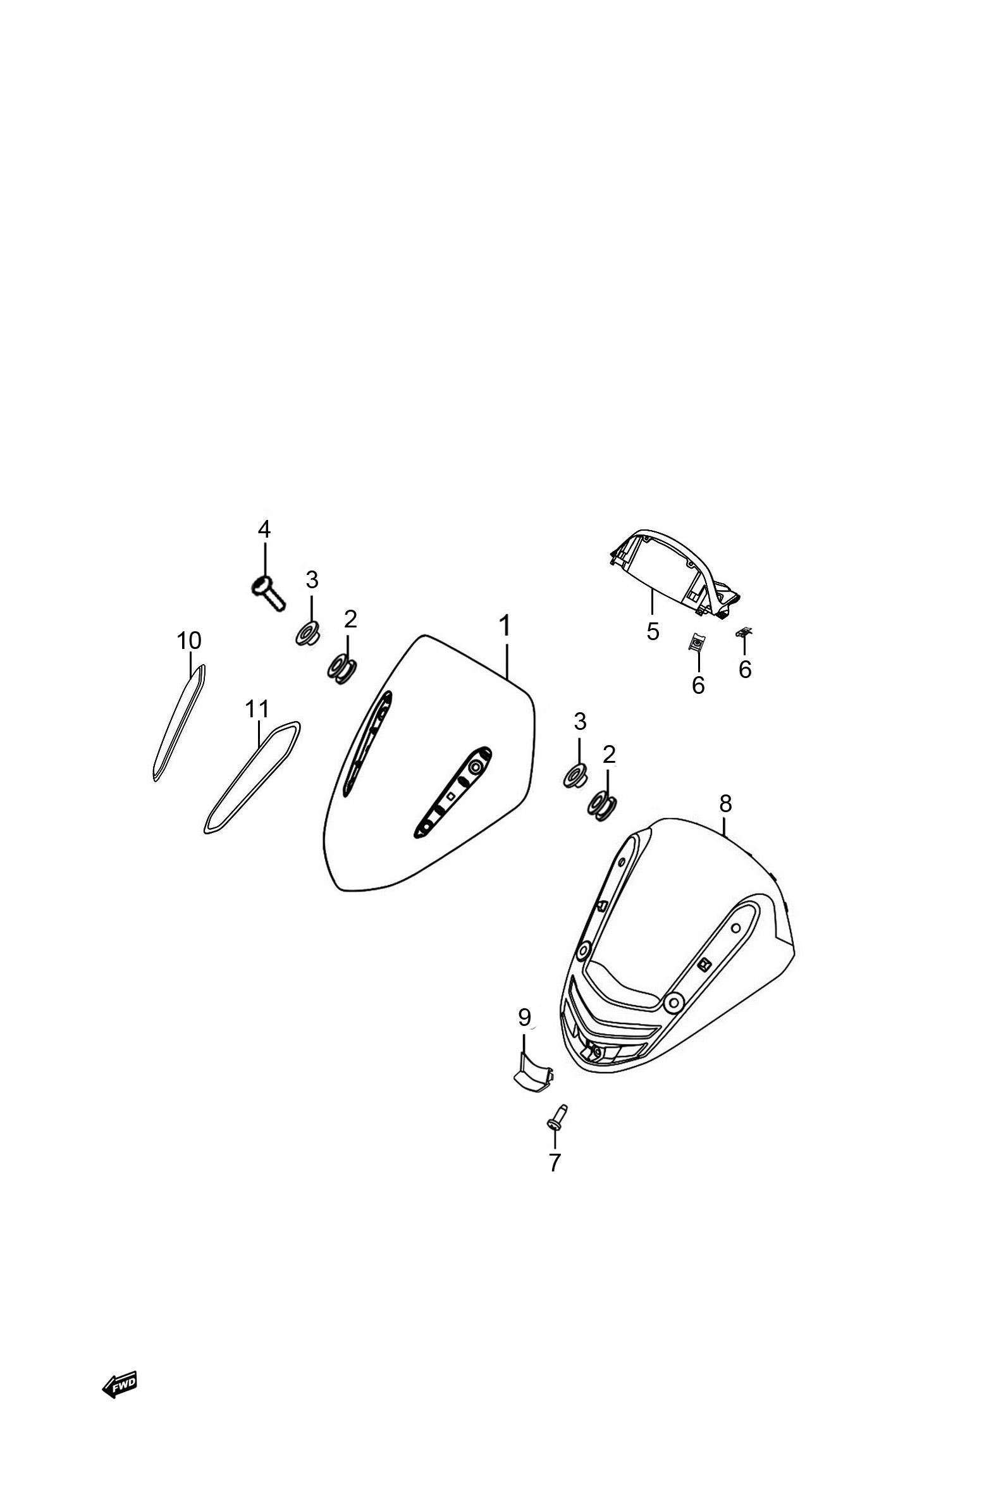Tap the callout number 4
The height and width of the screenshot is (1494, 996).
[264, 529]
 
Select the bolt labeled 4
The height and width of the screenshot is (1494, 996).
[267, 593]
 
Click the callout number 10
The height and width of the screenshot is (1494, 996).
[188, 641]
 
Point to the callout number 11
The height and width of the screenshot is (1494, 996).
[258, 709]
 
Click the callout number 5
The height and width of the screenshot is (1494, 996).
[653, 631]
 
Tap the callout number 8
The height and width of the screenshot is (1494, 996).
[725, 804]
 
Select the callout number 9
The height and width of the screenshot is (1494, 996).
[524, 1018]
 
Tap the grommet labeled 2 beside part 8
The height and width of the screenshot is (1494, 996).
[603, 805]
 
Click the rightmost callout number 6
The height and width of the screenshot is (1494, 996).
[744, 668]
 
